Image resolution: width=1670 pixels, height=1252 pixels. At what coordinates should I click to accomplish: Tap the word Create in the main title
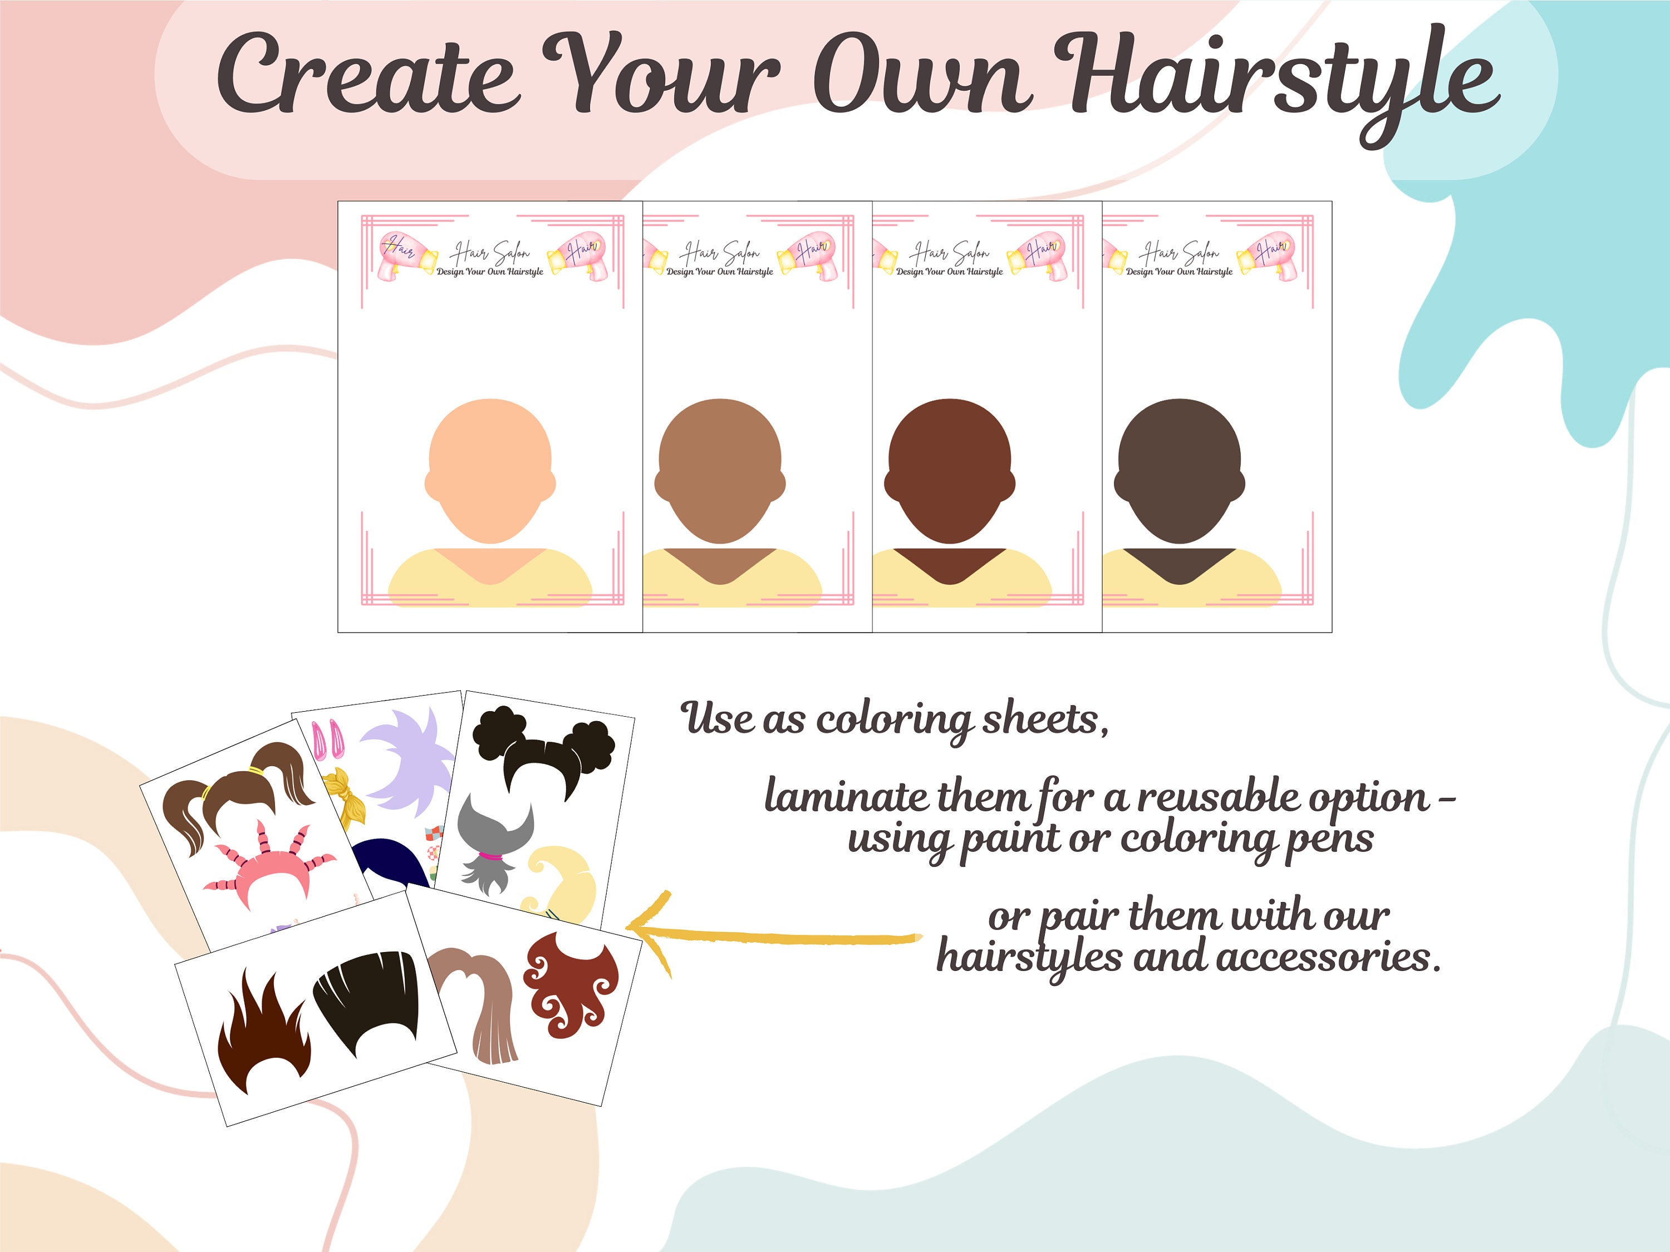(x=367, y=76)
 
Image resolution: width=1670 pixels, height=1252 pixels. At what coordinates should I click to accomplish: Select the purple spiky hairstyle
(x=411, y=762)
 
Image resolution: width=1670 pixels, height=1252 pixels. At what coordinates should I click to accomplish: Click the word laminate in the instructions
(x=844, y=797)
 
